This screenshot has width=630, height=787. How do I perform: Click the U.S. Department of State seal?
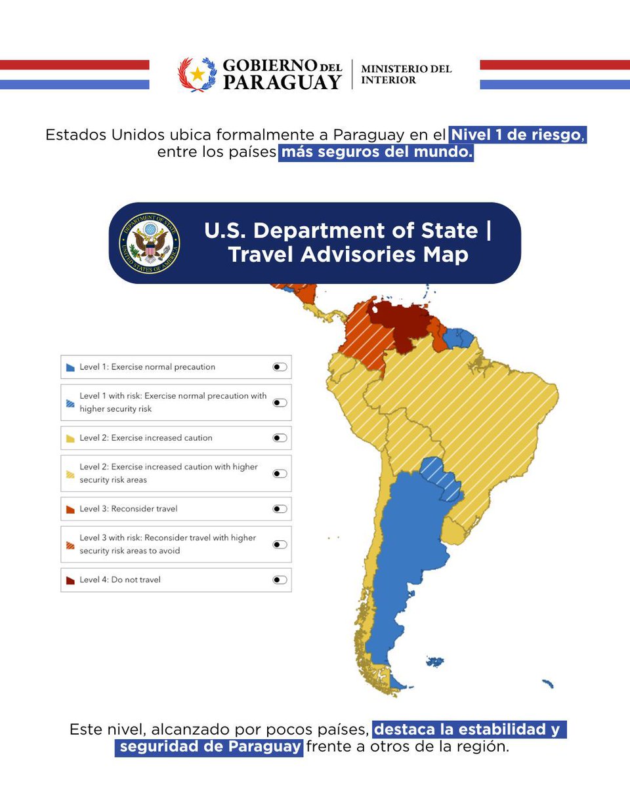(x=150, y=243)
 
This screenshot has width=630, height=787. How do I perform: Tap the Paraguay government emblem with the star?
(x=197, y=75)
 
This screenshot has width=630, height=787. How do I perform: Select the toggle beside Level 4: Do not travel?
(x=280, y=580)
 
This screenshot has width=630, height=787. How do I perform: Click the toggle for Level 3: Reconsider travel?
(x=280, y=509)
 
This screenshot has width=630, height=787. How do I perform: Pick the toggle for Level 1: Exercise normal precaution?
(x=280, y=367)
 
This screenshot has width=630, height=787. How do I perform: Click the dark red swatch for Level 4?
(x=70, y=580)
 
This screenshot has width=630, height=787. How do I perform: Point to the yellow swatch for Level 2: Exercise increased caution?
(x=70, y=438)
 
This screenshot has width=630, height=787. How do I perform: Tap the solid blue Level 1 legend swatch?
(x=70, y=368)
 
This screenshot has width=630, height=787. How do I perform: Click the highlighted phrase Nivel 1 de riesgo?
(x=516, y=135)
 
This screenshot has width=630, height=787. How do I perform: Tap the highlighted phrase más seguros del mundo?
(x=375, y=153)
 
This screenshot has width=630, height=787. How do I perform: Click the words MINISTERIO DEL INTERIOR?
(x=406, y=74)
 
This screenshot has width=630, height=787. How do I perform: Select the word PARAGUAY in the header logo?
(x=282, y=82)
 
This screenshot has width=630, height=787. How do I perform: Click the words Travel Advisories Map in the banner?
(x=348, y=254)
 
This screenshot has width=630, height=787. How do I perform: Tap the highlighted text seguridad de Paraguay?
(x=209, y=747)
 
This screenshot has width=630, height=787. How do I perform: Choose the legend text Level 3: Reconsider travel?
(x=129, y=509)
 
